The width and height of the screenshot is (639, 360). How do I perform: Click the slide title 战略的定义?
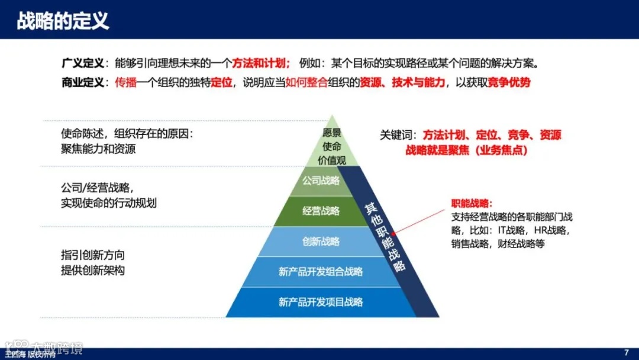pyautogui.click(x=63, y=21)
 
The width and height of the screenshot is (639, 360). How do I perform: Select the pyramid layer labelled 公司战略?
pyautogui.click(x=321, y=181)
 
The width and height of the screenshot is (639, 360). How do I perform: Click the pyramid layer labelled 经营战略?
pyautogui.click(x=321, y=211)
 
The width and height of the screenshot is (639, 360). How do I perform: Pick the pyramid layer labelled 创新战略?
pyautogui.click(x=321, y=242)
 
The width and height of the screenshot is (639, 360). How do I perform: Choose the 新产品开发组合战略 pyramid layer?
pyautogui.click(x=321, y=272)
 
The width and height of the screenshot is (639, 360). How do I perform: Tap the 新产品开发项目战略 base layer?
pyautogui.click(x=321, y=302)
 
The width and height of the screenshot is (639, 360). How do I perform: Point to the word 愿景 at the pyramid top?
pyautogui.click(x=332, y=133)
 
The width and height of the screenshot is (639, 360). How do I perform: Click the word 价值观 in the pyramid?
pyautogui.click(x=332, y=159)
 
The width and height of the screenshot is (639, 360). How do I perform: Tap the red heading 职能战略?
pyautogui.click(x=472, y=203)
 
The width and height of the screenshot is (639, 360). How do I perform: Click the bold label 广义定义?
pyautogui.click(x=82, y=63)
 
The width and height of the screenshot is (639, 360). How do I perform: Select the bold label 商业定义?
pyautogui.click(x=82, y=82)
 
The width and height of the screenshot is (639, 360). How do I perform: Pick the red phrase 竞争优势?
pyautogui.click(x=509, y=82)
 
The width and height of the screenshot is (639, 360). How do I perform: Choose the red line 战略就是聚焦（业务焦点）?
pyautogui.click(x=466, y=150)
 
